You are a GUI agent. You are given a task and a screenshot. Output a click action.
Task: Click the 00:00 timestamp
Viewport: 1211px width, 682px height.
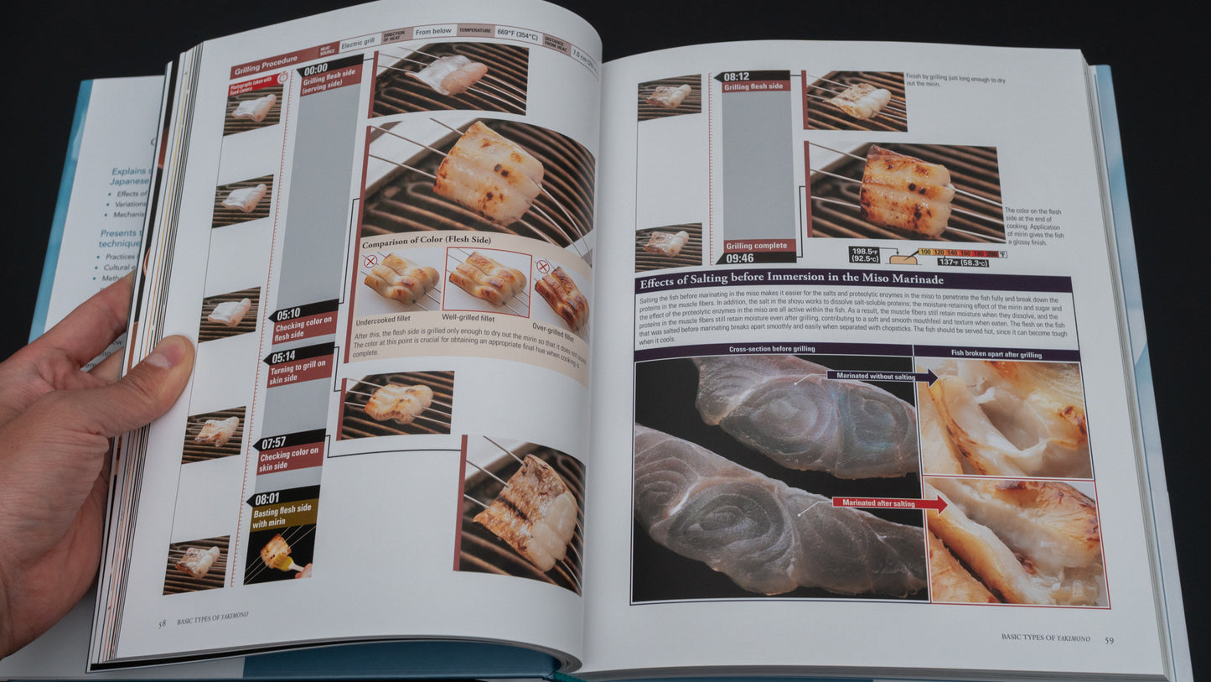click(316, 70)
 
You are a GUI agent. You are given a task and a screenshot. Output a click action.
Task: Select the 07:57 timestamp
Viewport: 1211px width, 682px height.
click(273, 442)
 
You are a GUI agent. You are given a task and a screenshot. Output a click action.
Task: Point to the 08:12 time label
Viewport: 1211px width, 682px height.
click(737, 76)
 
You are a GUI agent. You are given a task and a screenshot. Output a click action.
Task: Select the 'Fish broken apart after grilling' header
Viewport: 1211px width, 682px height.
click(996, 355)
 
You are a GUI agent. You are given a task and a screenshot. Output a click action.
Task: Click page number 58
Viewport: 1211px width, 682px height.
click(162, 623)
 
